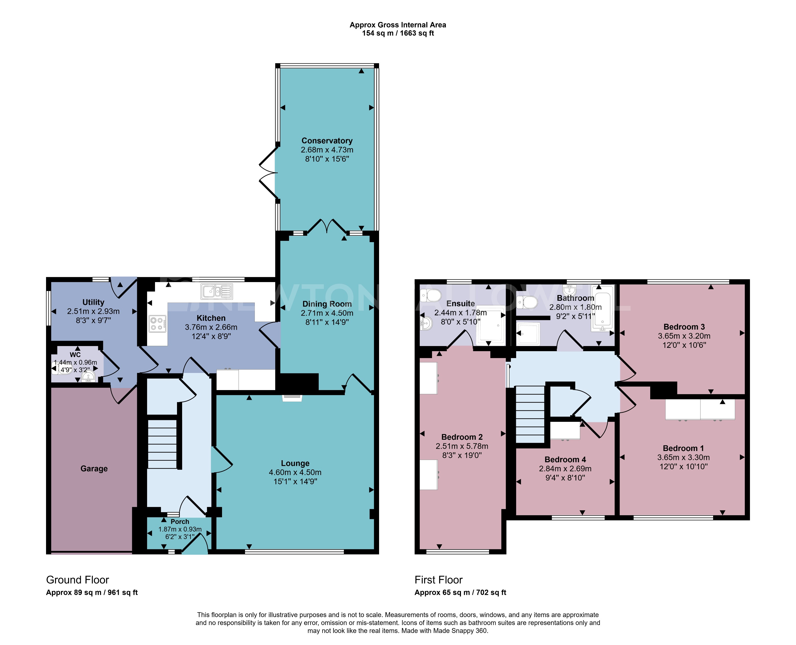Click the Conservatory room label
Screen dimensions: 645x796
point(327,141)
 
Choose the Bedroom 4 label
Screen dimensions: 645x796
point(565,460)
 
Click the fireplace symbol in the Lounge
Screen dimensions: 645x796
point(292,398)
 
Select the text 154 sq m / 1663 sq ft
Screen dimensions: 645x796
point(398,34)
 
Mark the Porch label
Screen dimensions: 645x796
point(180,522)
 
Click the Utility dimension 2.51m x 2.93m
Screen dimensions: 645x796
point(93,311)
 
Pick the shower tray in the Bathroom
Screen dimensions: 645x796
point(528,334)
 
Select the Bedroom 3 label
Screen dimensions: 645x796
point(684,327)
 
